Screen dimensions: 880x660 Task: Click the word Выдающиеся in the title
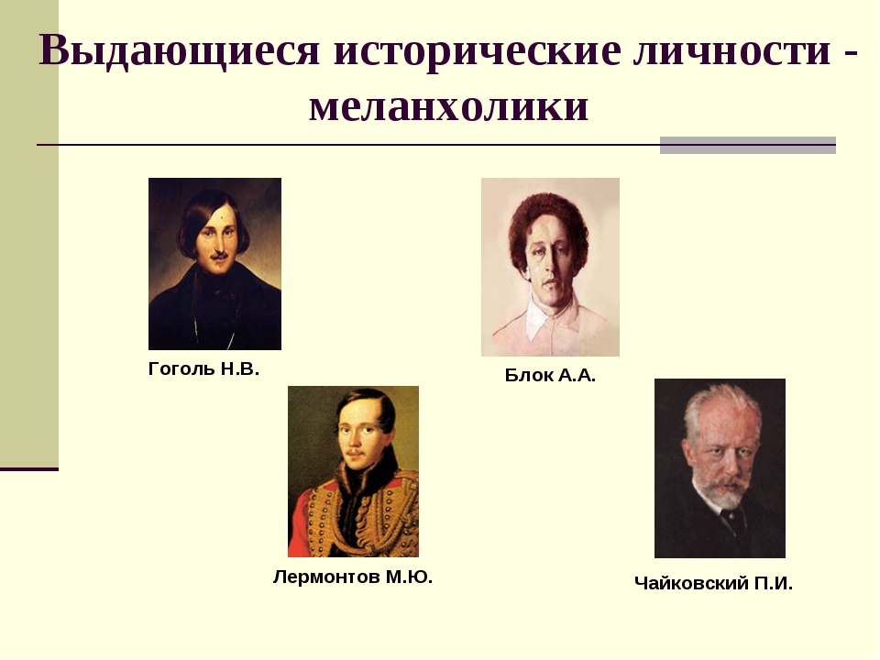[179, 51]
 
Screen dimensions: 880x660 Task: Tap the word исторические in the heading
[478, 51]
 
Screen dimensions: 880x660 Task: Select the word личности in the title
[732, 51]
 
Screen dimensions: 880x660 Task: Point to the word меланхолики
[448, 106]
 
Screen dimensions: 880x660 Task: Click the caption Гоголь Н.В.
[203, 368]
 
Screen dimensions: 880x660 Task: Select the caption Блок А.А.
[550, 375]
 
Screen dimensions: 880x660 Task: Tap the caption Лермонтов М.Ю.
[353, 577]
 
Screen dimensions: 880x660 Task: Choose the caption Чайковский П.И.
[713, 583]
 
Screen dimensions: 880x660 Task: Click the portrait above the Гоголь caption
[214, 264]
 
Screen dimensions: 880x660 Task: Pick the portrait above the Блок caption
[551, 267]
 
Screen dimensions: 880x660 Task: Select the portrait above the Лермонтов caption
[354, 471]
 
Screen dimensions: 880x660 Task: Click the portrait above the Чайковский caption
[720, 468]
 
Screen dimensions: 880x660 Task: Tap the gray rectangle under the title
[748, 146]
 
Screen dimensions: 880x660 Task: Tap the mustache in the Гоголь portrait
[219, 256]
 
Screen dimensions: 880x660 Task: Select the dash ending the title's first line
[851, 55]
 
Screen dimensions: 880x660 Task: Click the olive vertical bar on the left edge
[29, 234]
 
